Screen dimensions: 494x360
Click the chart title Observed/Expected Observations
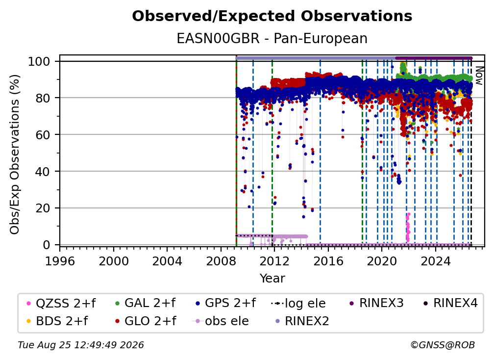click(272, 16)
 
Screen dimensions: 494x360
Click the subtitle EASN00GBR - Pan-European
click(272, 38)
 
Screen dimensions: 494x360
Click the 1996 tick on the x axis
click(60, 261)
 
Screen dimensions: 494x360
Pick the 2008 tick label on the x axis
click(221, 261)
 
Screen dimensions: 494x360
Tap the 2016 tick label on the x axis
click(328, 261)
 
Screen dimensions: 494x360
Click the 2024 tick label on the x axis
click(436, 261)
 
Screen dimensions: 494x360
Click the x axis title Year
click(272, 279)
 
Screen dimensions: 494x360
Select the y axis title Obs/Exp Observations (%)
click(15, 154)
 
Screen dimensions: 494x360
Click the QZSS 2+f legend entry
click(61, 303)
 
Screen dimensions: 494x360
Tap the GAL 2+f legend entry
click(145, 303)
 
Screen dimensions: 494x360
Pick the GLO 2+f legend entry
click(146, 321)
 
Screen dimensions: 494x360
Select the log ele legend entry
click(298, 303)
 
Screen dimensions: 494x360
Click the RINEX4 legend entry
click(450, 303)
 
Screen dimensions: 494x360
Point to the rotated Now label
click(479, 76)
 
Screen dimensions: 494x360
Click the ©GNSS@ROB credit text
click(443, 345)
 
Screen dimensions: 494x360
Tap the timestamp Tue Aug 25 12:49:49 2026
click(81, 345)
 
